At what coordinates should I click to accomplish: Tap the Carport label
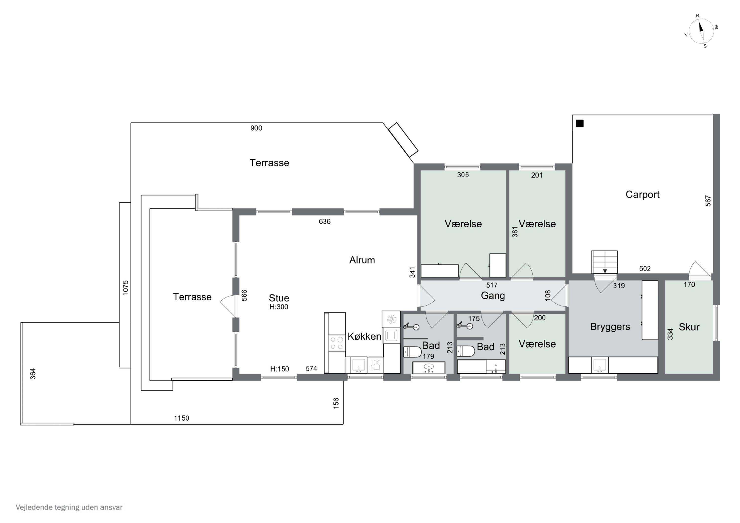[642, 195]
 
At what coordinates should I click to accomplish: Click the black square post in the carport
[580, 124]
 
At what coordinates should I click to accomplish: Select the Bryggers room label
[610, 327]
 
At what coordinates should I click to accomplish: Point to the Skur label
[689, 327]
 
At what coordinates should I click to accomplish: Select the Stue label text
[279, 298]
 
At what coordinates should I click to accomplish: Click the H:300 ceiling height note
[279, 307]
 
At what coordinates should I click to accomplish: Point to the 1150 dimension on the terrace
[182, 418]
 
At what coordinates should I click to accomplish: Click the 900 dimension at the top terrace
[256, 128]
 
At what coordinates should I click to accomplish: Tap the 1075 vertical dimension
[125, 288]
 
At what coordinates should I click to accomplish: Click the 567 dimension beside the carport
[708, 201]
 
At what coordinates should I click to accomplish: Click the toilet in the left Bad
[412, 352]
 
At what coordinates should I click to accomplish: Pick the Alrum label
[362, 260]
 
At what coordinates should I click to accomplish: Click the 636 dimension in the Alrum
[325, 222]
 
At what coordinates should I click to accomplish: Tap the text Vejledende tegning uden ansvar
[69, 507]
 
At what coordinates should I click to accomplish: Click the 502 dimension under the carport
[645, 269]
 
